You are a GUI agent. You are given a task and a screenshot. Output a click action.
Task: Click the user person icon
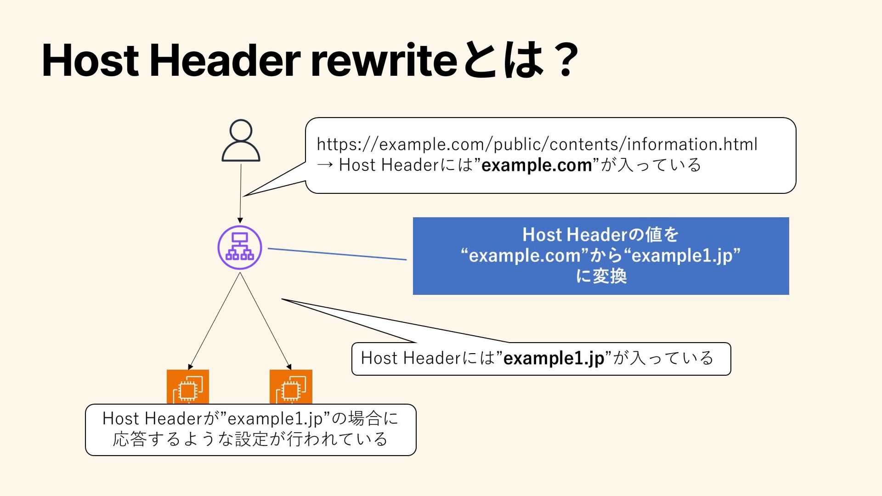pyautogui.click(x=241, y=141)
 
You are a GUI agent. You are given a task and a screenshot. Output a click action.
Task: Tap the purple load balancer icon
pyautogui.click(x=240, y=248)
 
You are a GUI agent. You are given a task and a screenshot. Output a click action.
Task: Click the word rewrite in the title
pyautogui.click(x=384, y=60)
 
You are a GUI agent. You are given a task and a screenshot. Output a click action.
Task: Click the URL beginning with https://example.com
pyautogui.click(x=537, y=144)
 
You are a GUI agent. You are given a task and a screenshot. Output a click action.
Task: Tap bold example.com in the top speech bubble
pyautogui.click(x=537, y=165)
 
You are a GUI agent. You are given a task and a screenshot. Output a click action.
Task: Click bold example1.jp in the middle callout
pyautogui.click(x=554, y=358)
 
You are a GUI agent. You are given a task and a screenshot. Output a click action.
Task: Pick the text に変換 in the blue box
pyautogui.click(x=601, y=276)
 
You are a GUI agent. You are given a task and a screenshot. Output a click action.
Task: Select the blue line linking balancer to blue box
pyautogui.click(x=337, y=254)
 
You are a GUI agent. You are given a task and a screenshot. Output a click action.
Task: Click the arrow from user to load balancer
pyautogui.click(x=240, y=193)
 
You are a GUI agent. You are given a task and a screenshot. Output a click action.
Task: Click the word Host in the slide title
pyautogui.click(x=90, y=60)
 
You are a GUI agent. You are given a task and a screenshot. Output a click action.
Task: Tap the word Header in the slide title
pyautogui.click(x=225, y=60)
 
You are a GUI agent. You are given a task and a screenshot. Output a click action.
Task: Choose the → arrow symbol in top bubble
pyautogui.click(x=325, y=165)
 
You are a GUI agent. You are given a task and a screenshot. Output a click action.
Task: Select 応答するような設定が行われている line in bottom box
pyautogui.click(x=250, y=439)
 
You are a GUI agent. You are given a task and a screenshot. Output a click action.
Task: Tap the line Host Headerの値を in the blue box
pyautogui.click(x=601, y=235)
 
